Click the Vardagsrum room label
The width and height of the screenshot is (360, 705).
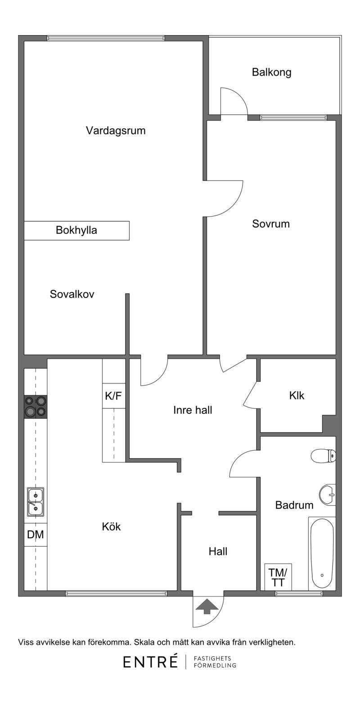coord(116,131)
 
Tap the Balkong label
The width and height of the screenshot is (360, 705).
coord(271,72)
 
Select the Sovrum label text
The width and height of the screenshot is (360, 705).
coord(271,224)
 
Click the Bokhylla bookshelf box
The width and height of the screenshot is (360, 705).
coord(77,230)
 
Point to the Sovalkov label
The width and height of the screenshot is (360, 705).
coord(72,294)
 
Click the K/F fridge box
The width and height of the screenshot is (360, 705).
coord(114,396)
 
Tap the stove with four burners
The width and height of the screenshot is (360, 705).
coord(36,407)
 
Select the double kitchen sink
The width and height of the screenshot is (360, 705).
coord(36,502)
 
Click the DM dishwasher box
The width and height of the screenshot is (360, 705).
coord(36,535)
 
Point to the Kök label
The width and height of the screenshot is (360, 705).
coord(112,527)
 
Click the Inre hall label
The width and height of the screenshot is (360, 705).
coord(193,410)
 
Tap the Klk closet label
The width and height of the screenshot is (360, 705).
coord(297,396)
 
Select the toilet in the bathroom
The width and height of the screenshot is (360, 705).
coord(323,456)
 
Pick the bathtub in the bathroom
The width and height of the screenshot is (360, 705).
coord(322,553)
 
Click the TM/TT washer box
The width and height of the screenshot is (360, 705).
coord(278,577)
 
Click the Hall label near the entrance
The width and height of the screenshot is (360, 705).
coord(218,551)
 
